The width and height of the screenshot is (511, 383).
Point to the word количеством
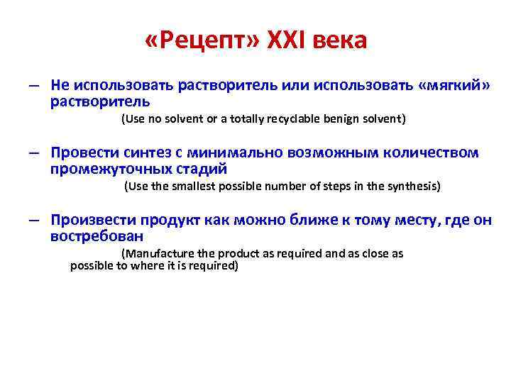(x=432, y=154)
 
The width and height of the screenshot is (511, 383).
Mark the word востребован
(x=97, y=236)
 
